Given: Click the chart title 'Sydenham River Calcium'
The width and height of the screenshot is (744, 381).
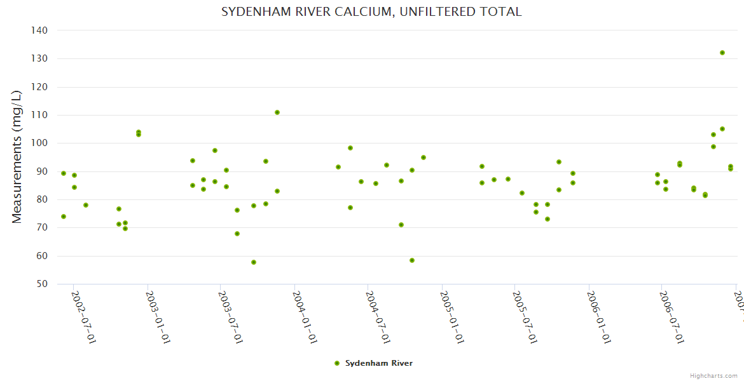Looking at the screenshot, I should tap(371, 12).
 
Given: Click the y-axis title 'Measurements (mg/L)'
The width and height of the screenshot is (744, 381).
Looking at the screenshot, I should tap(17, 157).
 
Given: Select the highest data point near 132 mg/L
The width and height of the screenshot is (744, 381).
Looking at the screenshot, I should tap(722, 53).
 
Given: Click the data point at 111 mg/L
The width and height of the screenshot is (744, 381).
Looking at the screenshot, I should tap(277, 112).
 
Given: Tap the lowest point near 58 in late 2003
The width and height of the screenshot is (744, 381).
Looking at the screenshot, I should tap(254, 262).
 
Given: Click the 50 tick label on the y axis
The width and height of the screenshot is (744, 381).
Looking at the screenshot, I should tap(42, 284).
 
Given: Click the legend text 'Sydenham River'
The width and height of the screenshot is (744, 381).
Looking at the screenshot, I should tap(379, 363).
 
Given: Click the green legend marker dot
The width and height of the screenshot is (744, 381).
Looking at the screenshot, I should tap(337, 363).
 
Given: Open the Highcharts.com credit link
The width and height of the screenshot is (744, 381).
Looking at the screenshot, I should tap(714, 376).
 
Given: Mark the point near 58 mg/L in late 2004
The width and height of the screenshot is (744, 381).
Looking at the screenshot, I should tap(412, 260).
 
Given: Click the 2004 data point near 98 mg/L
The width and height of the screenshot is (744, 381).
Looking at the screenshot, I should tap(350, 148).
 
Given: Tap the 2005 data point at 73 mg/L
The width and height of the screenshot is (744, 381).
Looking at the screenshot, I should tap(548, 219).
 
